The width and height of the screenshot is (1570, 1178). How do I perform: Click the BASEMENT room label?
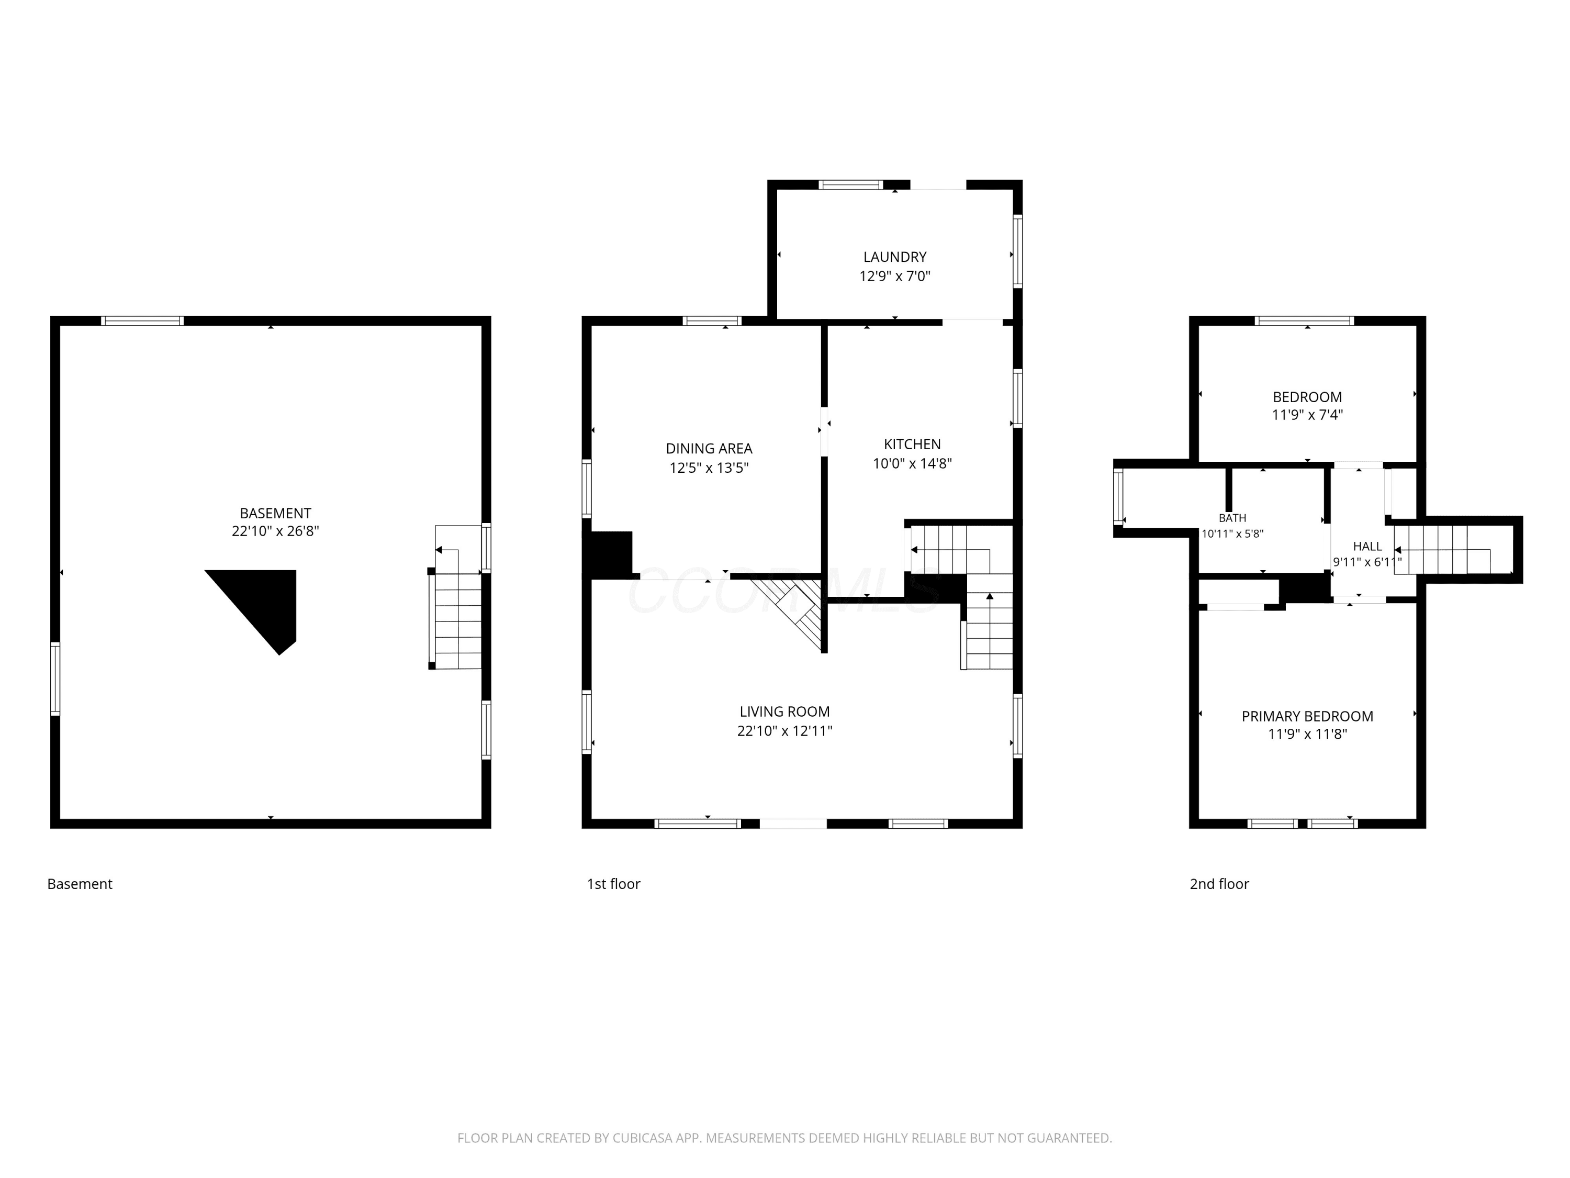coord(275,513)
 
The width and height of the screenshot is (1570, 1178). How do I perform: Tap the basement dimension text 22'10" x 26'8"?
coord(275,531)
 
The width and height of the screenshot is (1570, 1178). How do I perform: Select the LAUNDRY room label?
coord(895,257)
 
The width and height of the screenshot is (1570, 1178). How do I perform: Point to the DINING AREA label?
coord(709,449)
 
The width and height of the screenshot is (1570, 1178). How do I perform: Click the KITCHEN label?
coord(912,444)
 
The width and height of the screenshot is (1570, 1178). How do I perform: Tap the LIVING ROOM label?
coord(784,712)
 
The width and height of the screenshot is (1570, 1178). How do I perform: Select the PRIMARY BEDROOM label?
coord(1307,716)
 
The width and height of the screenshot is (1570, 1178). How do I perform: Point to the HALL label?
coord(1367,546)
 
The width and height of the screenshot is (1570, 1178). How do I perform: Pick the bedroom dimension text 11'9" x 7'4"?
coord(1307,415)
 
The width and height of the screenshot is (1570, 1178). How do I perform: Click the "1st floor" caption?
coord(613,884)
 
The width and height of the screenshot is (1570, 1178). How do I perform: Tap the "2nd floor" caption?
coord(1219,884)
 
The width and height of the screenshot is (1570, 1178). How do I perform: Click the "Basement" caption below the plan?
coord(80,884)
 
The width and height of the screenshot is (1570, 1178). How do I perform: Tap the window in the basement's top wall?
coord(142,321)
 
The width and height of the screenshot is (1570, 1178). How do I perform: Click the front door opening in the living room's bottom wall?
coord(793,824)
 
